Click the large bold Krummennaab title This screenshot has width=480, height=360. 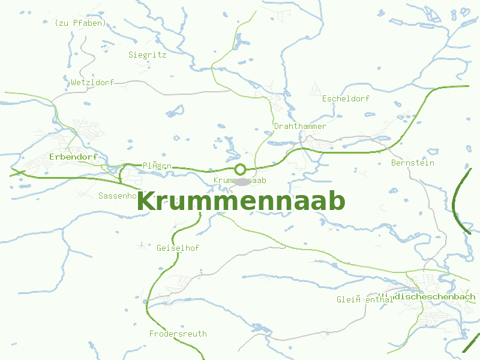click(241, 202)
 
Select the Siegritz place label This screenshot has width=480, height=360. click(147, 55)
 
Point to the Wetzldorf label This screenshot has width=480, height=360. click(92, 82)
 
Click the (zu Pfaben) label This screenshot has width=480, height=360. click(80, 23)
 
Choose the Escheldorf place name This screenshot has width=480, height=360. click(346, 98)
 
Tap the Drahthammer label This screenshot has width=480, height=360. click(300, 127)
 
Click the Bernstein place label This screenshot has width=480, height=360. click(412, 163)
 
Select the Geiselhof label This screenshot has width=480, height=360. click(178, 248)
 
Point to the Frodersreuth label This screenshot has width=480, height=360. click(178, 334)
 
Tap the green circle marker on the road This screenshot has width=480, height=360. click(241, 169)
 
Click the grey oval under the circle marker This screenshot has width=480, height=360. click(241, 181)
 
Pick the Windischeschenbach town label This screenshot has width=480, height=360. click(427, 296)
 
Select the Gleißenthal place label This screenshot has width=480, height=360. click(364, 300)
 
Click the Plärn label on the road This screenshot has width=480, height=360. click(157, 166)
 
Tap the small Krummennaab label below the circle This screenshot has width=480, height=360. click(239, 180)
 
